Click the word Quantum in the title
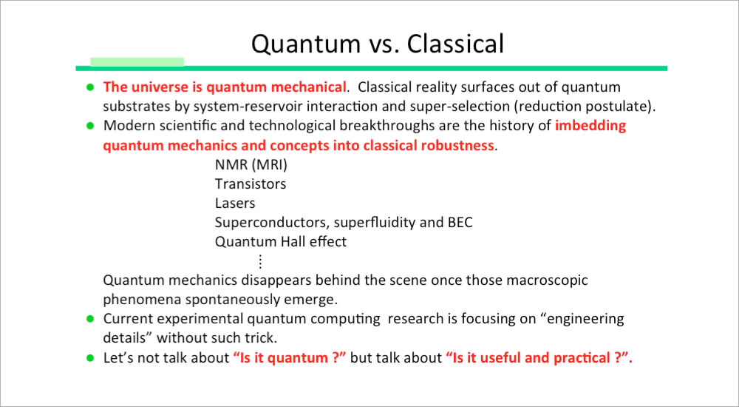(305, 44)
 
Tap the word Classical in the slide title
(455, 44)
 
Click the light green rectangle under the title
(137, 62)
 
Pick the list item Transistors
(251, 184)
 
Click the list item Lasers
(235, 203)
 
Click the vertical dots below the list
(259, 261)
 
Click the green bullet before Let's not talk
(90, 358)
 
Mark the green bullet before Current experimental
(90, 319)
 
